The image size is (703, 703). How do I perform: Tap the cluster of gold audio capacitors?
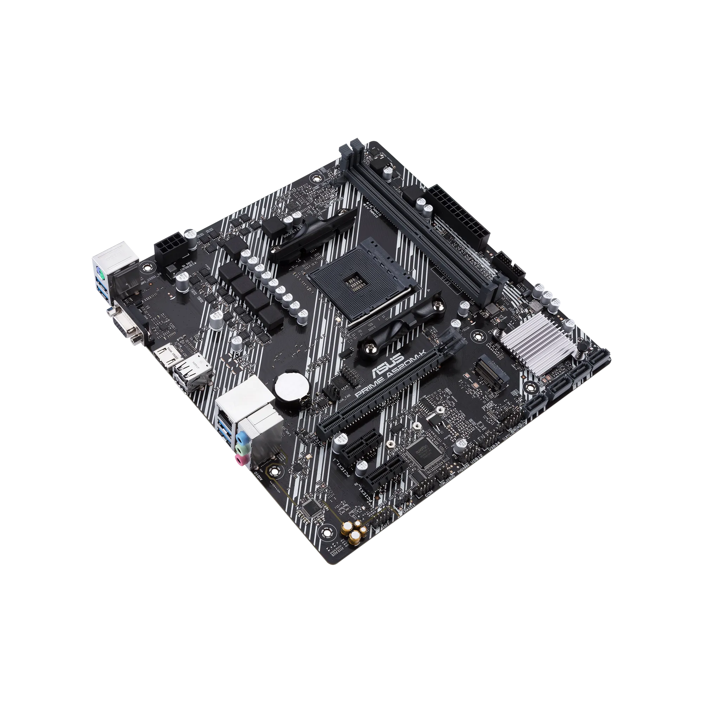(x=354, y=531)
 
